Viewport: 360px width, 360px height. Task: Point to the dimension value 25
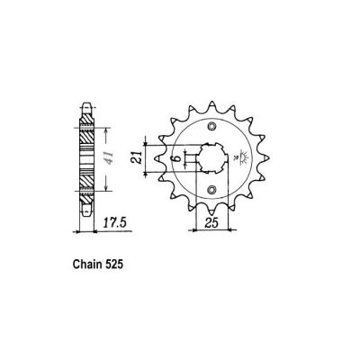pos(211,221)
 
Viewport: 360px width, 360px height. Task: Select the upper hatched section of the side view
pos(84,136)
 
